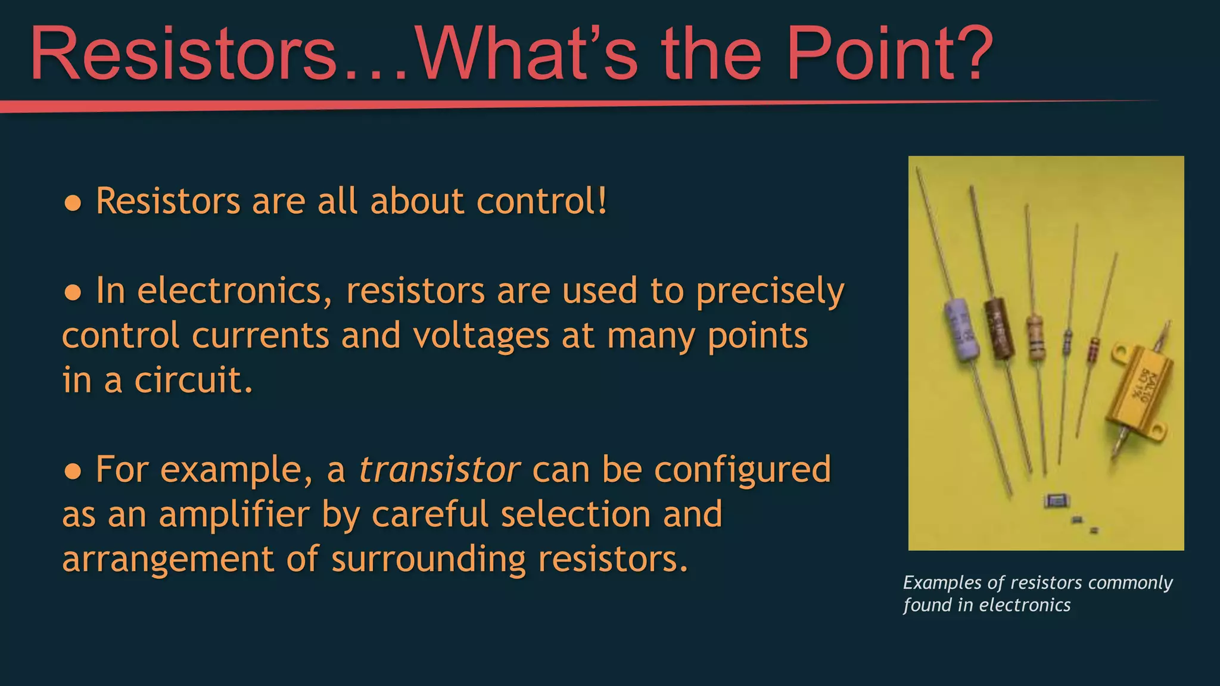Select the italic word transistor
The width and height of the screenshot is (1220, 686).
440,470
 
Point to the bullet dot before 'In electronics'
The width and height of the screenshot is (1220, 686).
73,292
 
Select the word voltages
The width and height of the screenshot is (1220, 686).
481,336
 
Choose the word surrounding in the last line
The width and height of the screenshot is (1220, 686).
428,559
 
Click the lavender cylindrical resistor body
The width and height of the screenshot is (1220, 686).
962,330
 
